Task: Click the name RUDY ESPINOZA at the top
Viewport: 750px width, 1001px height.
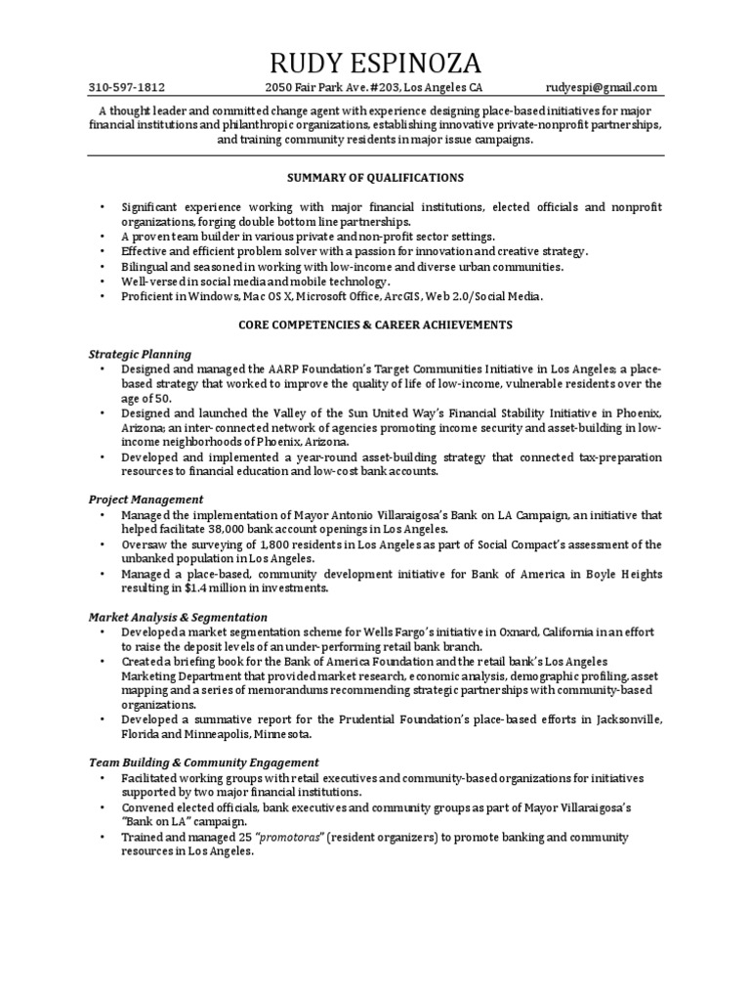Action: [x=375, y=65]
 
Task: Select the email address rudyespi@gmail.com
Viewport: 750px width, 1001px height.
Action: [x=602, y=87]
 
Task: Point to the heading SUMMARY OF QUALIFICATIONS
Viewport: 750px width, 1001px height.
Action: [x=375, y=178]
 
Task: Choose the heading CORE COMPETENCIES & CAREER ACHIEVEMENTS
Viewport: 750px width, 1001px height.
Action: [x=375, y=324]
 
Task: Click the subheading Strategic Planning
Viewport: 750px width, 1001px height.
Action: [x=140, y=354]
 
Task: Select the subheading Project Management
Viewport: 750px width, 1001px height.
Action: [x=146, y=500]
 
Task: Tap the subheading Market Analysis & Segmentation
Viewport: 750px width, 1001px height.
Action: [x=178, y=617]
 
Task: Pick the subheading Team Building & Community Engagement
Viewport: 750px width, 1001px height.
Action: [x=204, y=762]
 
